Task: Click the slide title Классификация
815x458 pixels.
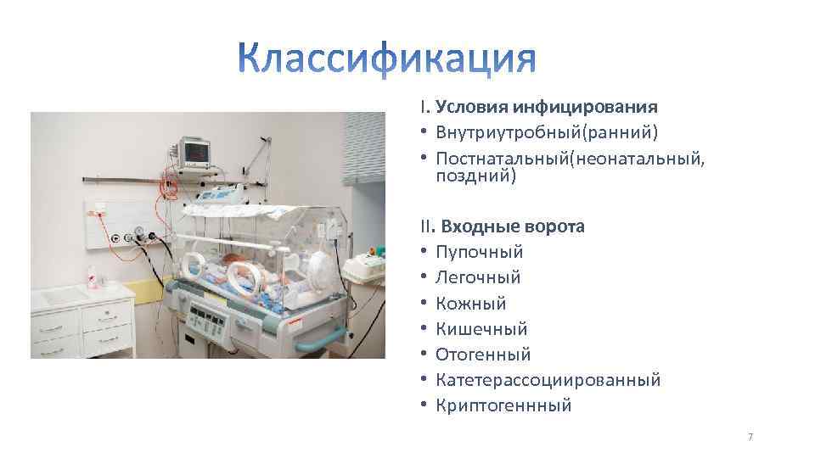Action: click(x=387, y=60)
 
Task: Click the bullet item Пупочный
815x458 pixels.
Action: click(x=479, y=252)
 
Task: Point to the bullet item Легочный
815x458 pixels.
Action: click(x=478, y=277)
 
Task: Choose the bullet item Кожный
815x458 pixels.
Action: click(x=470, y=303)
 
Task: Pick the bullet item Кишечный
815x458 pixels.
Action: click(x=481, y=328)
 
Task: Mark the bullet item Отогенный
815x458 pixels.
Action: click(x=482, y=354)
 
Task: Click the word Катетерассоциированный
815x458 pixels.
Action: click(x=548, y=380)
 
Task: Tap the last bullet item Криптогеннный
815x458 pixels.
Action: click(x=503, y=405)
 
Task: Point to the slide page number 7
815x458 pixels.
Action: click(x=750, y=437)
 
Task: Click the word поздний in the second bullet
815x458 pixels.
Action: click(x=475, y=176)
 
